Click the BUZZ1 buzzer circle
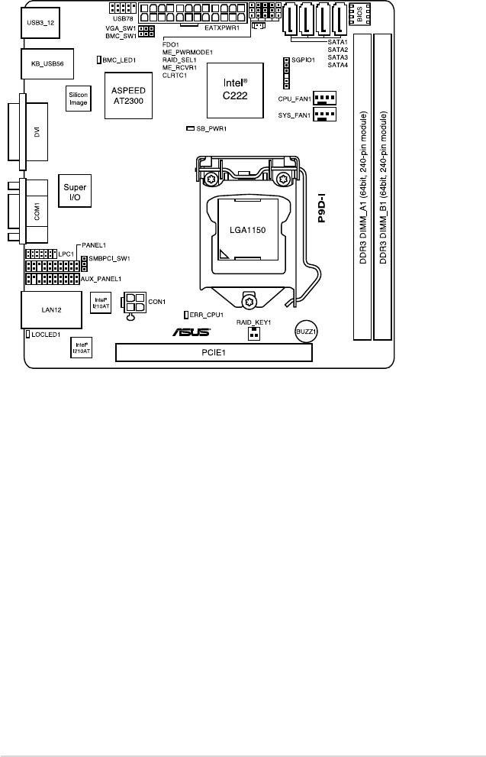pyautogui.click(x=306, y=332)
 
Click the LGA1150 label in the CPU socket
pyautogui.click(x=245, y=228)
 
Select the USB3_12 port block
pyautogui.click(x=40, y=24)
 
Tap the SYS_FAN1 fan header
pyautogui.click(x=325, y=115)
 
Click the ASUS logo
pyautogui.click(x=190, y=333)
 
